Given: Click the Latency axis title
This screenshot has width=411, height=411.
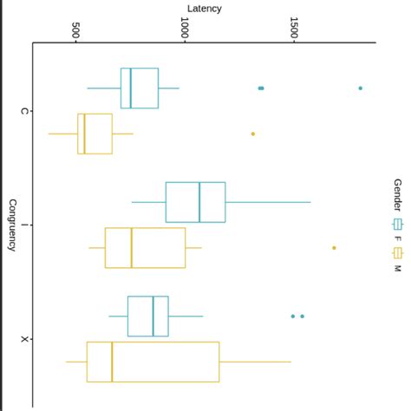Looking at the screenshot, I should (205, 9).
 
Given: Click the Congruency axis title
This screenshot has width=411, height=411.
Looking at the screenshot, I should (12, 225).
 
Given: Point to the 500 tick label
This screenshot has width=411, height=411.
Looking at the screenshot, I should (76, 29).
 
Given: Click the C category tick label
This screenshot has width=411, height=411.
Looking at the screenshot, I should (24, 111).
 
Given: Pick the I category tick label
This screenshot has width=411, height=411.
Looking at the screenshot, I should (24, 225).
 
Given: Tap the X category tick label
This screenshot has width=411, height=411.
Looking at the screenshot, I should (24, 339).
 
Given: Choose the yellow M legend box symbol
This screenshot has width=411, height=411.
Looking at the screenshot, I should (398, 252).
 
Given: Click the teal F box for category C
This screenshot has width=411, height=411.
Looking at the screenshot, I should (140, 88).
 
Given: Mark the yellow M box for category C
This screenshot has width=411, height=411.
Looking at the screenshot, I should (95, 134).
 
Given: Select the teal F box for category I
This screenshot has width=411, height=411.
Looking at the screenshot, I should (195, 202).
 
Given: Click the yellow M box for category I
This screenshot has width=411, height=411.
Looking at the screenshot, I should (145, 248).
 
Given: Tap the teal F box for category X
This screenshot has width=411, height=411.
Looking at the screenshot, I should (147, 316).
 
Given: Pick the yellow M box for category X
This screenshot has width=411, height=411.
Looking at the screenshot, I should (153, 362).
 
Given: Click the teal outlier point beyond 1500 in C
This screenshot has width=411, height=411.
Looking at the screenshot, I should (361, 88).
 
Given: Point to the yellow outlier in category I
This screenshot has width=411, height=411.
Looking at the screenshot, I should (334, 248).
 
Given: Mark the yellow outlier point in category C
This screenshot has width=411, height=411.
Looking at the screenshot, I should (253, 134).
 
